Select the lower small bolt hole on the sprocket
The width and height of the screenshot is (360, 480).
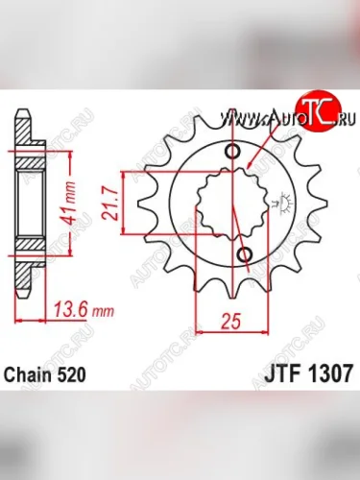click(243, 254)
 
